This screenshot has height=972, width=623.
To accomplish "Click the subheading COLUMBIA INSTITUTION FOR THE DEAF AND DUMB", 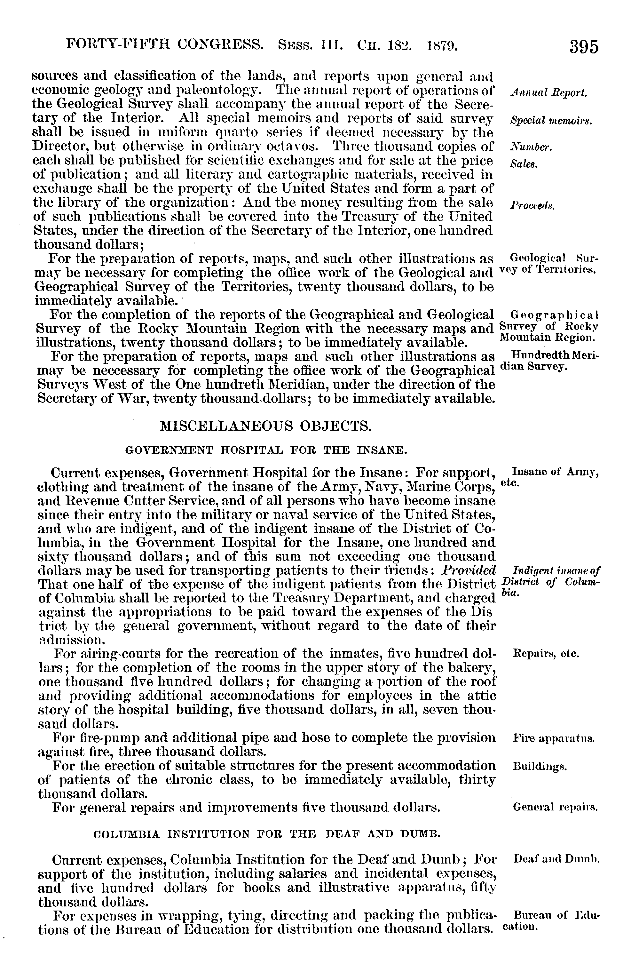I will [266, 834].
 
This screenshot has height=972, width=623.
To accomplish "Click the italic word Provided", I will [469, 570].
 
